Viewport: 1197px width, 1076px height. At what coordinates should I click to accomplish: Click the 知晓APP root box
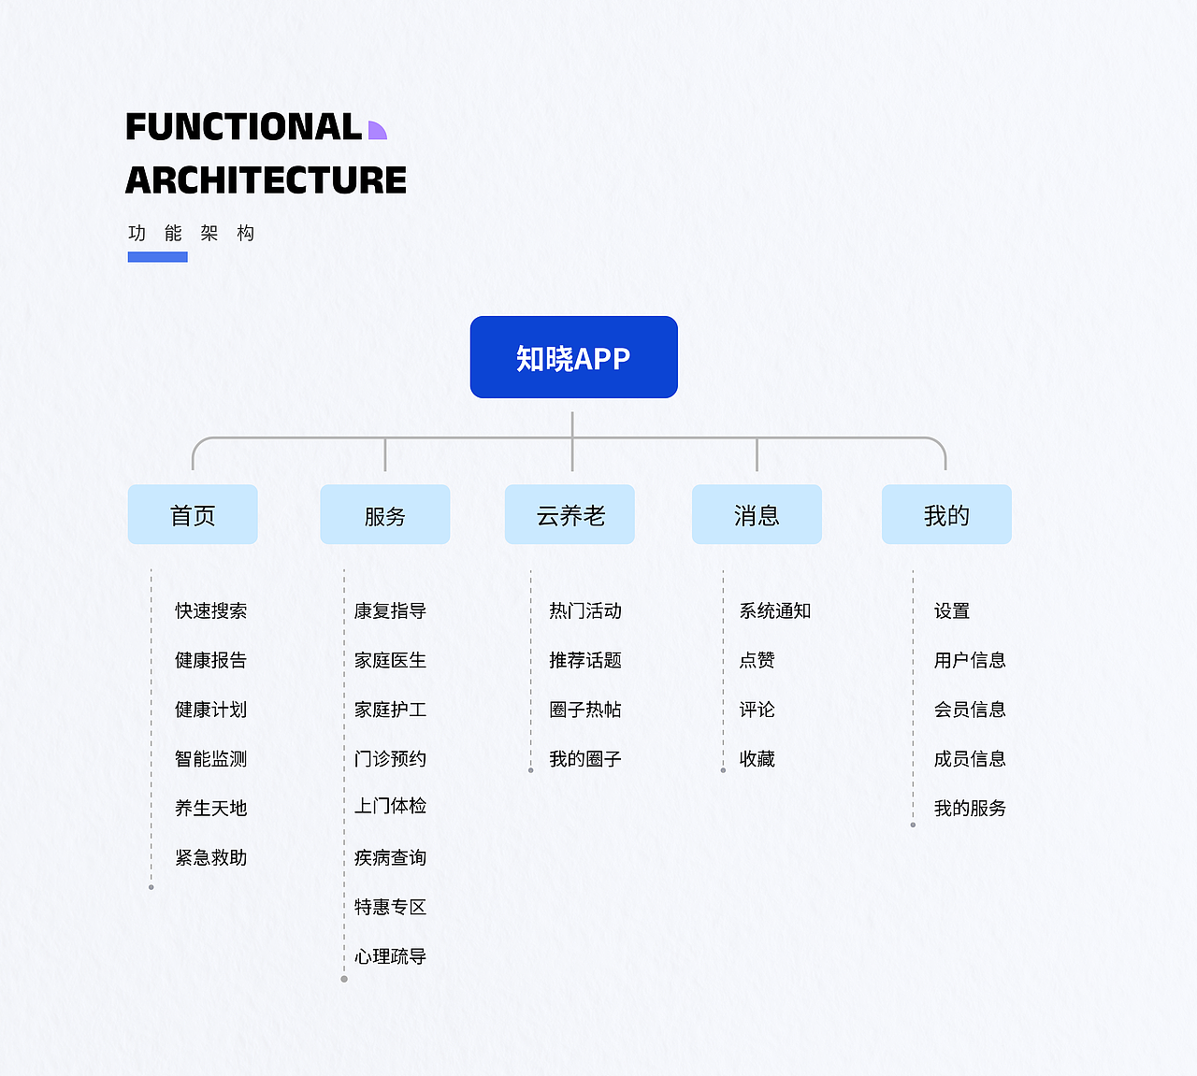click(x=573, y=357)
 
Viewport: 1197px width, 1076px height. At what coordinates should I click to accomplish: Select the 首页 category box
click(x=193, y=514)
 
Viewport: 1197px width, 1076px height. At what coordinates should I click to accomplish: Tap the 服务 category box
click(x=384, y=514)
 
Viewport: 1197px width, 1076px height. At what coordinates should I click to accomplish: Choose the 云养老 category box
click(x=570, y=514)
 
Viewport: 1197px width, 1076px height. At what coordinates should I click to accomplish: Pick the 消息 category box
click(x=757, y=514)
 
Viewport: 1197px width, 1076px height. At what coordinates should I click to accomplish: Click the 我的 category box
click(x=946, y=514)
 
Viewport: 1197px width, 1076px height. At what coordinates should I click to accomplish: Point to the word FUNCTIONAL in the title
click(x=243, y=127)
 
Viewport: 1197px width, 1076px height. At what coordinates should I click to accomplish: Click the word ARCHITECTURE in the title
click(x=266, y=180)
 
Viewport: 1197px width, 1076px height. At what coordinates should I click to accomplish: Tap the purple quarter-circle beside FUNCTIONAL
click(x=376, y=131)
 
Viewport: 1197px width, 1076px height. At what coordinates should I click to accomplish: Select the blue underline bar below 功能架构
click(x=157, y=257)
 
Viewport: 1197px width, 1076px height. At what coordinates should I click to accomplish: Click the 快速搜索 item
click(x=210, y=610)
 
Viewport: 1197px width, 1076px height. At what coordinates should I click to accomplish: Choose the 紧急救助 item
click(x=210, y=857)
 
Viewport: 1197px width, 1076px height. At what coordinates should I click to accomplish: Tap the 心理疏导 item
click(x=390, y=956)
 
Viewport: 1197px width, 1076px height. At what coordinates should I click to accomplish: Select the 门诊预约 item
click(x=390, y=758)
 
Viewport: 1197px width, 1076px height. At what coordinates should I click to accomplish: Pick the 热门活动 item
click(x=584, y=610)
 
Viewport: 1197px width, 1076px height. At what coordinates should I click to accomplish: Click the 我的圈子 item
click(x=584, y=758)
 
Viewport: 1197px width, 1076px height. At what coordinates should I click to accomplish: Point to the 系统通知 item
click(x=774, y=610)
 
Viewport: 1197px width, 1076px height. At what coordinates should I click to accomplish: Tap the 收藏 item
click(x=757, y=758)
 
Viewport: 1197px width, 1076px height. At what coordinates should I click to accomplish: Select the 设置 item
click(x=951, y=610)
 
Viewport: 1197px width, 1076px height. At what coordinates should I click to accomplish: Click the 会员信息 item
click(x=969, y=709)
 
